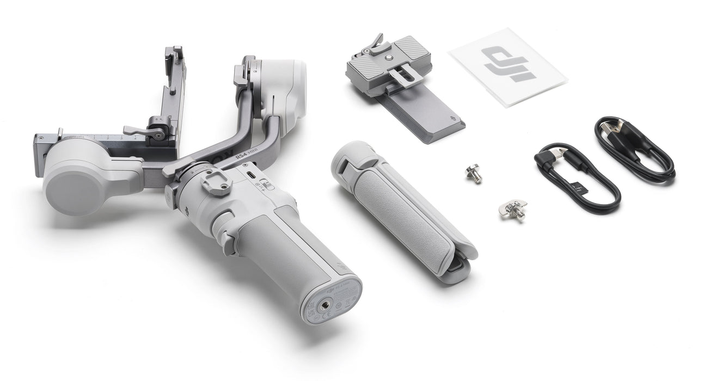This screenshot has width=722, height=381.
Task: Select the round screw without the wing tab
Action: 474,174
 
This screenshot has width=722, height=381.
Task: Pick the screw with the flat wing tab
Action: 513,209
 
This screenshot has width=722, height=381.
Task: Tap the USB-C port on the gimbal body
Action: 252,175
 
